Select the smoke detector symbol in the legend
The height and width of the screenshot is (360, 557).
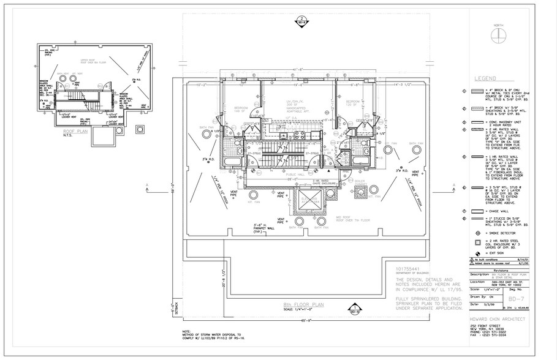478,233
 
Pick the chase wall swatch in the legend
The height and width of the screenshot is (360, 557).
478,209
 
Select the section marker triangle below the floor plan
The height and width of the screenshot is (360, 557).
354,308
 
